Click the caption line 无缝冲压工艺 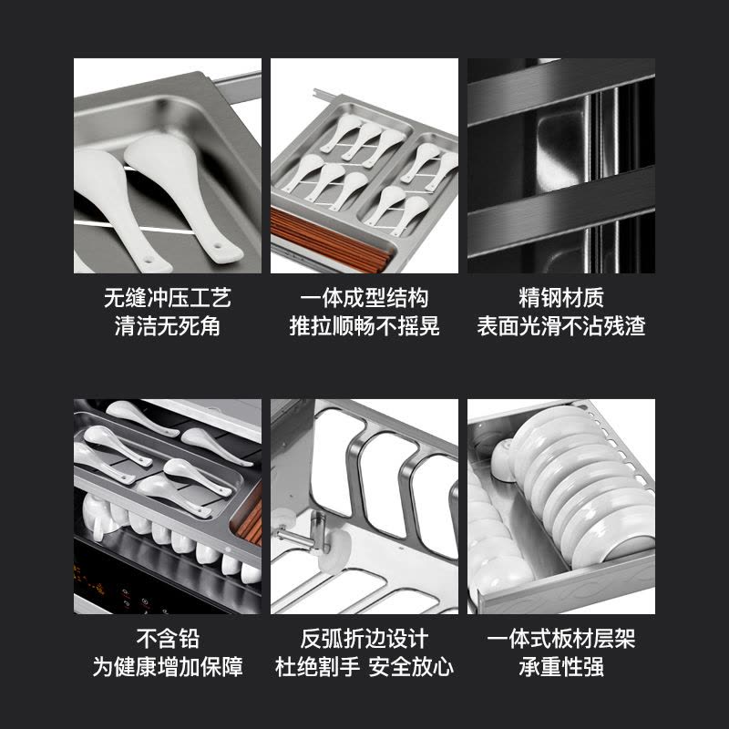[x=168, y=297]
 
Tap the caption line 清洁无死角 [x=168, y=326]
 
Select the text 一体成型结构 [x=364, y=297]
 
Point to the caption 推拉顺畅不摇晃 [x=364, y=326]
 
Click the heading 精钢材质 [x=561, y=297]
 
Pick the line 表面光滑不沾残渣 [x=561, y=326]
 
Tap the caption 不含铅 [x=168, y=639]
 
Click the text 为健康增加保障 [x=168, y=667]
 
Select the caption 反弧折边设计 [x=364, y=639]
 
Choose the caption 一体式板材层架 [x=561, y=639]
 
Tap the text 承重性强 [x=561, y=667]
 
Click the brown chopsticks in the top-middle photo [x=328, y=241]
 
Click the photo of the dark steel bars [x=561, y=166]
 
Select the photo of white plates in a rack [x=561, y=507]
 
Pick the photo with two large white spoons [x=168, y=166]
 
